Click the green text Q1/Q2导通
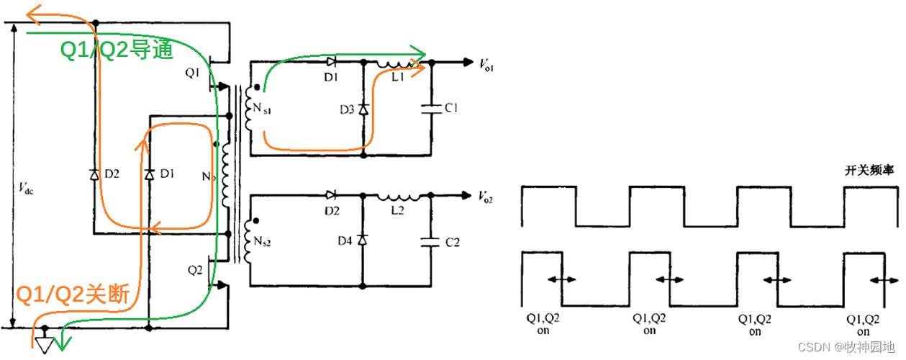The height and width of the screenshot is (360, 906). [117, 50]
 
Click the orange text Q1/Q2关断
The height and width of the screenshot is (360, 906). [73, 294]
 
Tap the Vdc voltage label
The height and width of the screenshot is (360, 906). [27, 188]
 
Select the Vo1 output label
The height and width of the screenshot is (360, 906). [486, 65]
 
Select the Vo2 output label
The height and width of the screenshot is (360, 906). [485, 197]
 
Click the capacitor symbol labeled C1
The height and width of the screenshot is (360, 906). [432, 109]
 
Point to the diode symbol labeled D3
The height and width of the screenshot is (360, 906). [363, 109]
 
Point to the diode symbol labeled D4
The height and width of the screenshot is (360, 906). [363, 240]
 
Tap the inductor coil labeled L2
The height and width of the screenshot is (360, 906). [399, 197]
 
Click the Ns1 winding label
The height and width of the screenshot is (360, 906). [262, 109]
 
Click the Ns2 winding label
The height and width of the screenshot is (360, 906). [262, 241]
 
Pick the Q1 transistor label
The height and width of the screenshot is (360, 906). [193, 73]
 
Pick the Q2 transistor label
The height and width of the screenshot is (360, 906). [195, 270]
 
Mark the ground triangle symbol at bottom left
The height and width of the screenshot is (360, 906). [45, 345]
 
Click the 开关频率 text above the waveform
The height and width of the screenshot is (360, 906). [869, 171]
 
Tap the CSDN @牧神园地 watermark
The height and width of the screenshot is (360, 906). [846, 347]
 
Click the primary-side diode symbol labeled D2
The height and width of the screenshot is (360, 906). [95, 175]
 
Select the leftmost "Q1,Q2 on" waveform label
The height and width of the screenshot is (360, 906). [543, 324]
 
